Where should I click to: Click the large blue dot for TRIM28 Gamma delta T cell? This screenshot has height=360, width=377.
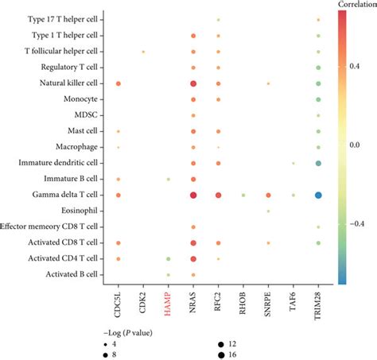click(x=318, y=195)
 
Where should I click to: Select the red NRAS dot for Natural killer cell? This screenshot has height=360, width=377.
click(x=193, y=83)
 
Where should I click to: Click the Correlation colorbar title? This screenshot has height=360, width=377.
click(x=356, y=6)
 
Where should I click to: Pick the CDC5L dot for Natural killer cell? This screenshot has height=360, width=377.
click(x=119, y=83)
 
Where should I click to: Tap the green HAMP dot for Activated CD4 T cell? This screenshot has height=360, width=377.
click(x=168, y=258)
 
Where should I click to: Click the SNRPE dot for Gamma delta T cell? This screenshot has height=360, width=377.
click(x=268, y=195)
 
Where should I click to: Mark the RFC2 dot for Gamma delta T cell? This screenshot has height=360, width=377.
click(x=218, y=195)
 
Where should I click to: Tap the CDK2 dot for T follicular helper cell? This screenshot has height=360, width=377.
click(x=143, y=52)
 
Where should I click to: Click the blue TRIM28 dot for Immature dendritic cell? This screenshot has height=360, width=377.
click(x=318, y=163)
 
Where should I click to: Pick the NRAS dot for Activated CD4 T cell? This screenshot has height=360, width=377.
click(x=193, y=258)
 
